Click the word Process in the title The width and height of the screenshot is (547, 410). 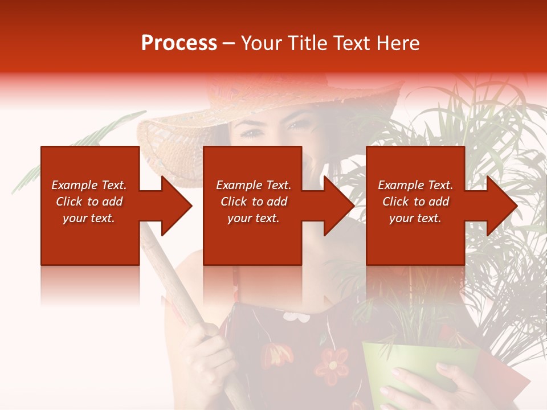tap(179, 43)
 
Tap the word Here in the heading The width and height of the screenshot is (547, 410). tap(397, 43)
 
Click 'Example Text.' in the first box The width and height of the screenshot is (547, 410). tap(89, 185)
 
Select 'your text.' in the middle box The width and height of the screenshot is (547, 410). tap(253, 218)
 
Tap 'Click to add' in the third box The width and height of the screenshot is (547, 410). tap(415, 202)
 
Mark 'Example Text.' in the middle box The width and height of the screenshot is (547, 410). tap(253, 185)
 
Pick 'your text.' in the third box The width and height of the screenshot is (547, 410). tap(415, 218)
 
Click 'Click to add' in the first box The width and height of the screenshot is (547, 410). tap(89, 202)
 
